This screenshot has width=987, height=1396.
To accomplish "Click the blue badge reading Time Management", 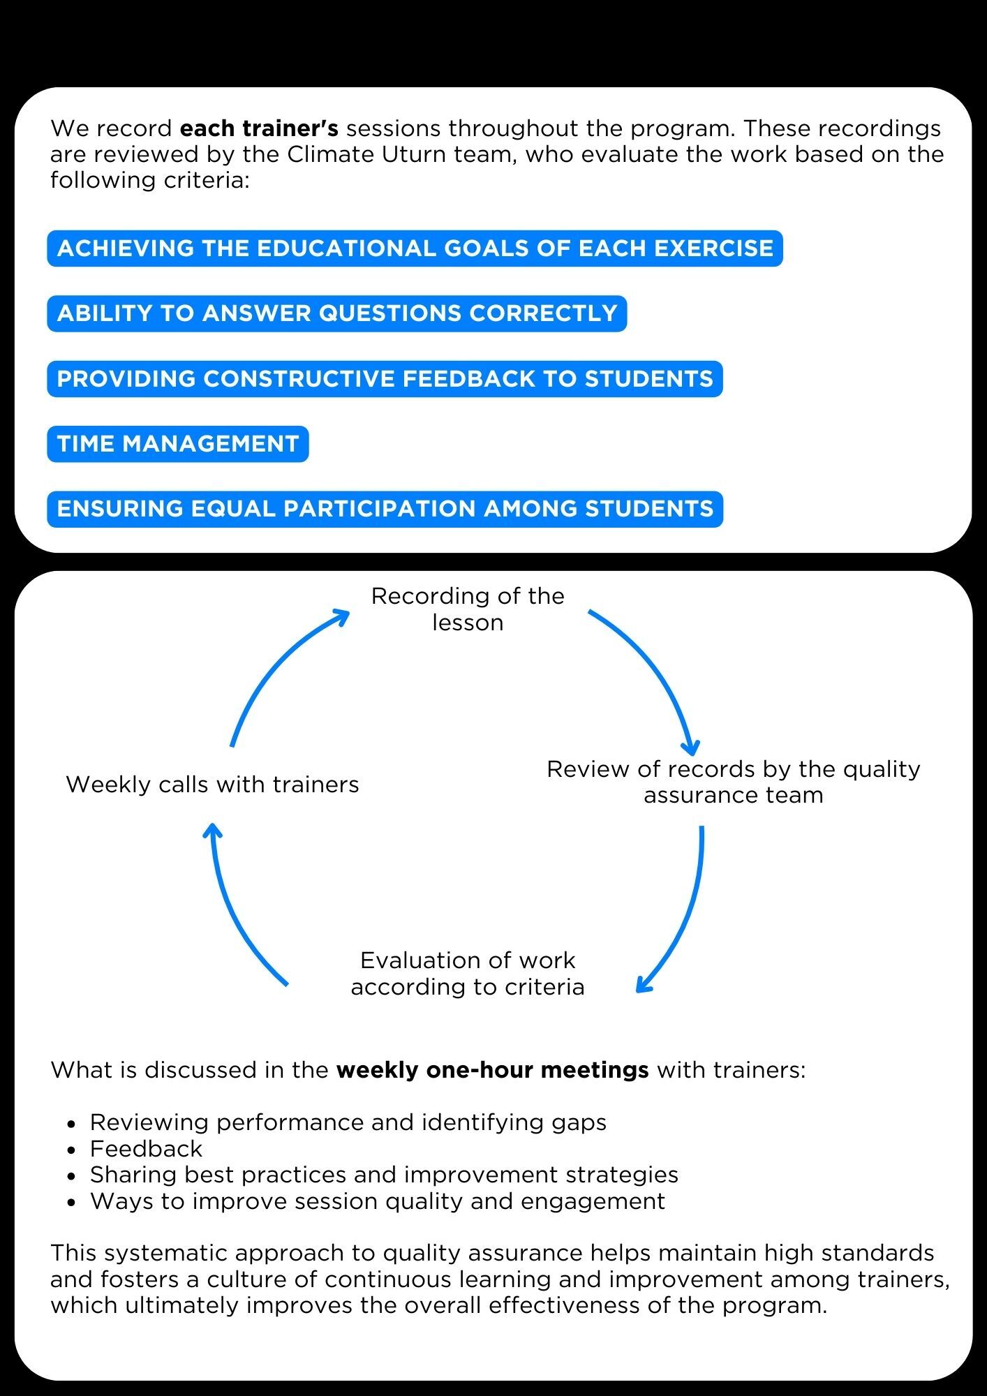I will coord(178,444).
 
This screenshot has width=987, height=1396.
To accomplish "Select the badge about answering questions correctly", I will coord(337,313).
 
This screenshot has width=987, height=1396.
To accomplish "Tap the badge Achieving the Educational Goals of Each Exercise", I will coord(415,248).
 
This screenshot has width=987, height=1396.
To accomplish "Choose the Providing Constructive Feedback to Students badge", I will coord(385,379).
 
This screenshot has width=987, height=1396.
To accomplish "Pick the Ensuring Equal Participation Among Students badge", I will coord(385,509).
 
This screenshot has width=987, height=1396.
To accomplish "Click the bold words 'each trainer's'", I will coord(259,128).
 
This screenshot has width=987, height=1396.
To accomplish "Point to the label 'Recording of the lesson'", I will coord(468,609).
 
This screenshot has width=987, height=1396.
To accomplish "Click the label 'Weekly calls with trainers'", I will coord(212,785).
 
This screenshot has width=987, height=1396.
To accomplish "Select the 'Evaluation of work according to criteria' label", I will coord(468,973).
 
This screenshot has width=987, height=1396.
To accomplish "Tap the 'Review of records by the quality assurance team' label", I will coord(733,782).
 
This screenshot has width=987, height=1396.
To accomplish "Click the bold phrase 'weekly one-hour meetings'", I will coord(492,1069).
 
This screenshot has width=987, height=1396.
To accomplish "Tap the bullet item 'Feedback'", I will coord(146,1148).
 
